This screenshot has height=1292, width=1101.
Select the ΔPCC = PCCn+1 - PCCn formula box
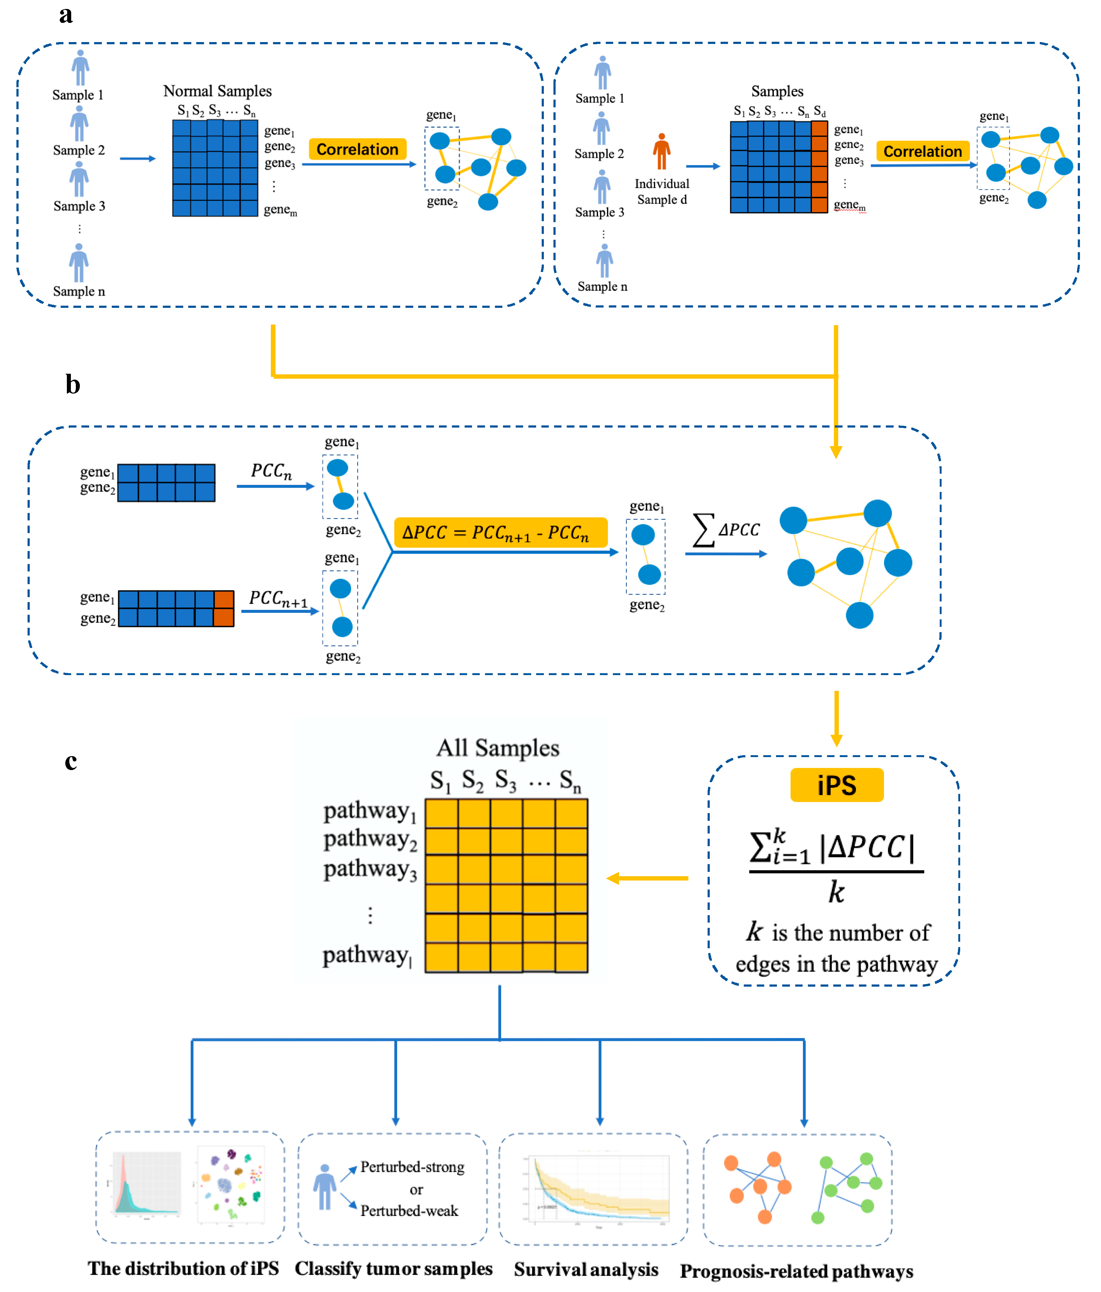click(500, 532)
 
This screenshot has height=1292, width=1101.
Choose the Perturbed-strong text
click(412, 1167)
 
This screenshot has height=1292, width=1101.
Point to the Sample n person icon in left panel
click(79, 263)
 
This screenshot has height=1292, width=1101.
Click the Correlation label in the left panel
click(358, 149)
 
